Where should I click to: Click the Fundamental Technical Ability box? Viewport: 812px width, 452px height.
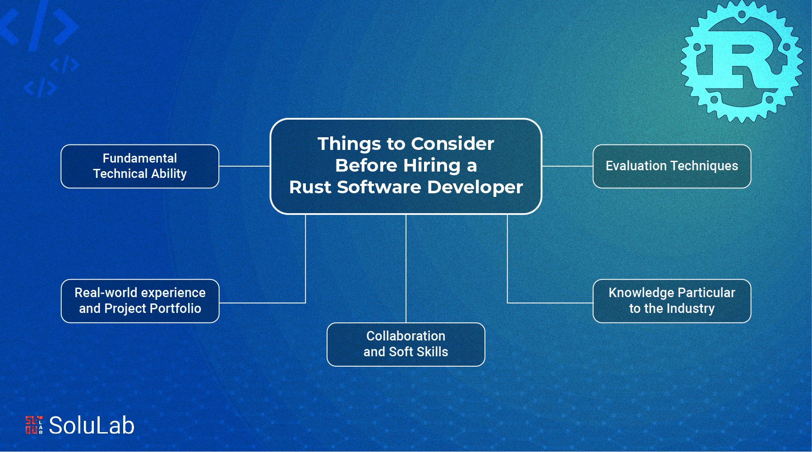[x=140, y=166]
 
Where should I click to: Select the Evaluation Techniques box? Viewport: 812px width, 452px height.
[x=672, y=166]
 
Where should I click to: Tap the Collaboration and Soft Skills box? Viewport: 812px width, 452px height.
[x=406, y=344]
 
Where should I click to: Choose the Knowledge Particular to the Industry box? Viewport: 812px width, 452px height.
[x=672, y=301]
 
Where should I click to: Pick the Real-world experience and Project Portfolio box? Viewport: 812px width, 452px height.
[x=140, y=301]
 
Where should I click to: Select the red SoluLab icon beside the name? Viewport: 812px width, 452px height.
[x=34, y=425]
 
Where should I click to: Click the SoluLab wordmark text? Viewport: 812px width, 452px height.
[x=92, y=425]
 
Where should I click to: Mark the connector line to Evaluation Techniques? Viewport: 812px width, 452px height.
[x=567, y=166]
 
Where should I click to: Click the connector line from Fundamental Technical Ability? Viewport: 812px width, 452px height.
[x=244, y=166]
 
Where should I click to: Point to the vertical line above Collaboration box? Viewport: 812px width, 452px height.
[x=406, y=269]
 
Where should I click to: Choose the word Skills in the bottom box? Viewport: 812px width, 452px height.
[x=432, y=352]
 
